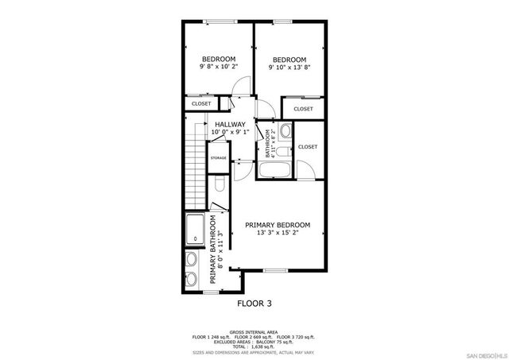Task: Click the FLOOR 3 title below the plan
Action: pyautogui.click(x=255, y=303)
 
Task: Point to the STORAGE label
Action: pyautogui.click(x=218, y=158)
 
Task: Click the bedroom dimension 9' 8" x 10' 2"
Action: pyautogui.click(x=218, y=68)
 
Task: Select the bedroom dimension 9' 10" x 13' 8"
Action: pyautogui.click(x=289, y=68)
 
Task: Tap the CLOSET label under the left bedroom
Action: pyautogui.click(x=201, y=103)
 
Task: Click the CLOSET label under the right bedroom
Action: pyautogui.click(x=303, y=109)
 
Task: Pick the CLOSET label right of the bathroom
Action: pyautogui.click(x=308, y=147)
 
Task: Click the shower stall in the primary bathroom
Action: pyautogui.click(x=196, y=230)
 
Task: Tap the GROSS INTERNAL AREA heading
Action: pyautogui.click(x=254, y=332)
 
